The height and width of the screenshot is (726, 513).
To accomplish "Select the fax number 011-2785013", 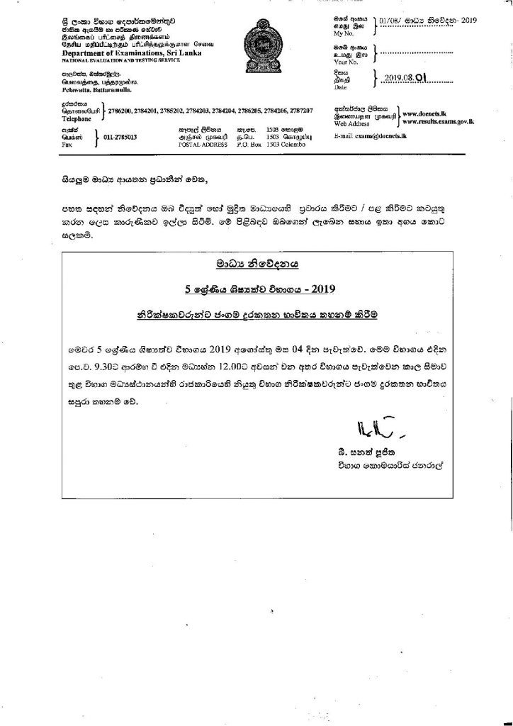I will (x=120, y=137).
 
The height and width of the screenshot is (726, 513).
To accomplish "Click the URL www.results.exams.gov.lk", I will (x=438, y=121).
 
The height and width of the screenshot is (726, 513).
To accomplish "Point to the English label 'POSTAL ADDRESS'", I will (x=201, y=144).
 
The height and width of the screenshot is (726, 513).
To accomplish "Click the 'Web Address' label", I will (x=351, y=123).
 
